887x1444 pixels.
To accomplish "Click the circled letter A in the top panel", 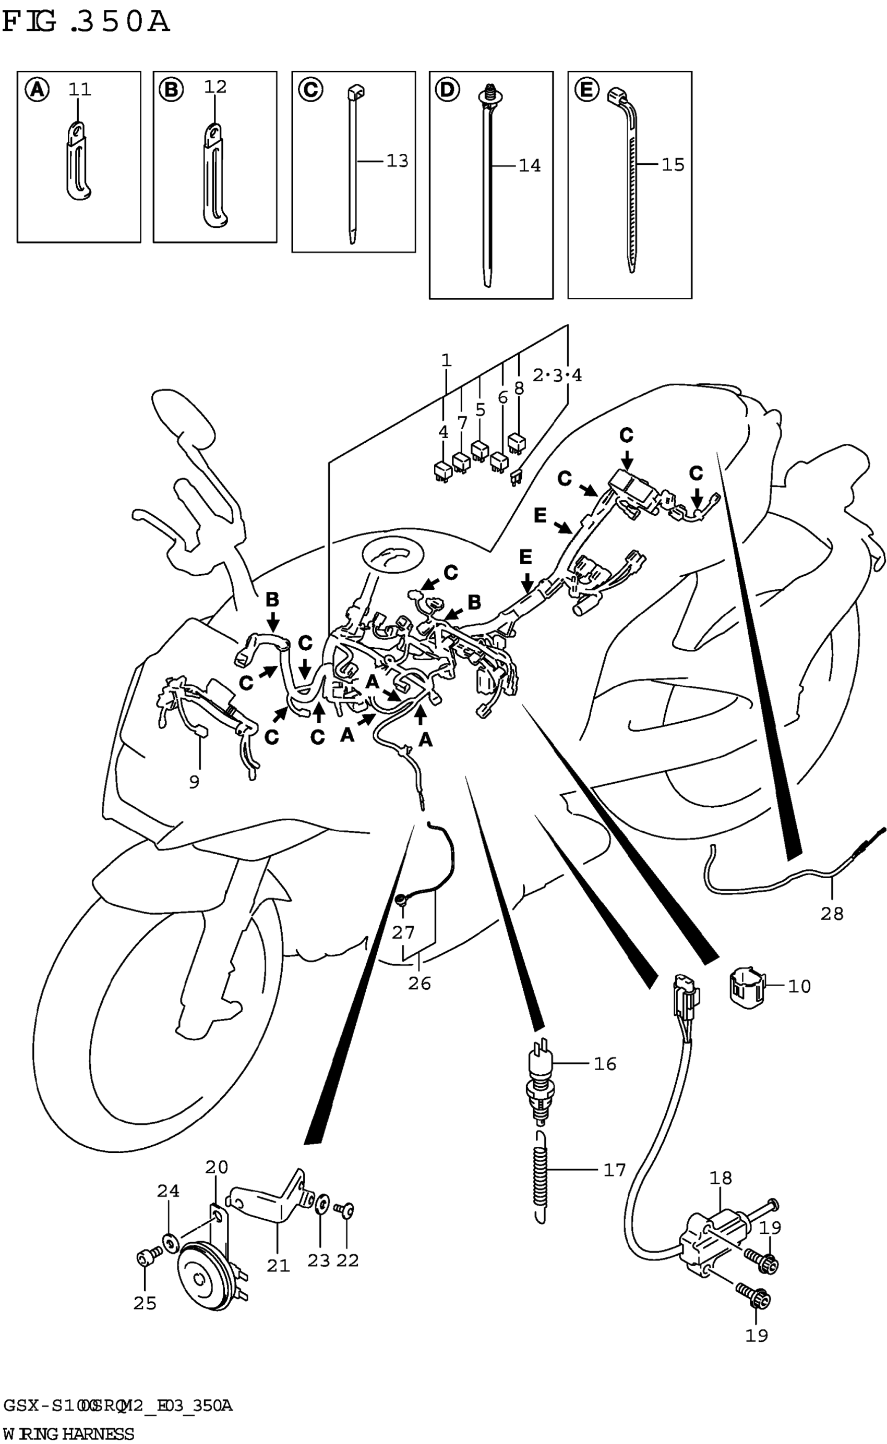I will [x=37, y=90].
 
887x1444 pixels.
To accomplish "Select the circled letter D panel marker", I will [x=447, y=90].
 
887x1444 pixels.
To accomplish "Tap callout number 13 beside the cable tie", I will [x=397, y=161].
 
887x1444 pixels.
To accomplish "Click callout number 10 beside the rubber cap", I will [x=798, y=986].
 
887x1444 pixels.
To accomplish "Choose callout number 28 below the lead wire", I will [x=832, y=914].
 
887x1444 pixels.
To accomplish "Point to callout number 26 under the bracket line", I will [x=419, y=983].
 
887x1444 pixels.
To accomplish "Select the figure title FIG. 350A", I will [x=86, y=22].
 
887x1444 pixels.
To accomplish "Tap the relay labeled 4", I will [x=442, y=470].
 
